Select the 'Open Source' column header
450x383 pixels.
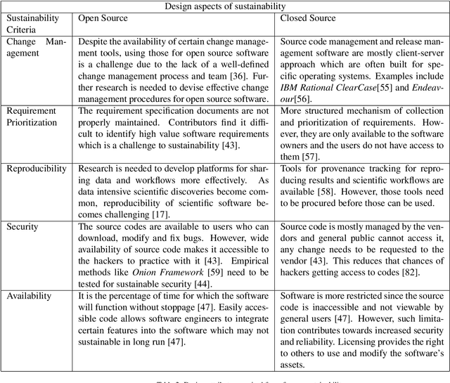(103, 18)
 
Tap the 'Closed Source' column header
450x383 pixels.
(308, 18)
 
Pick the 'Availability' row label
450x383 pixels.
(30, 296)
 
